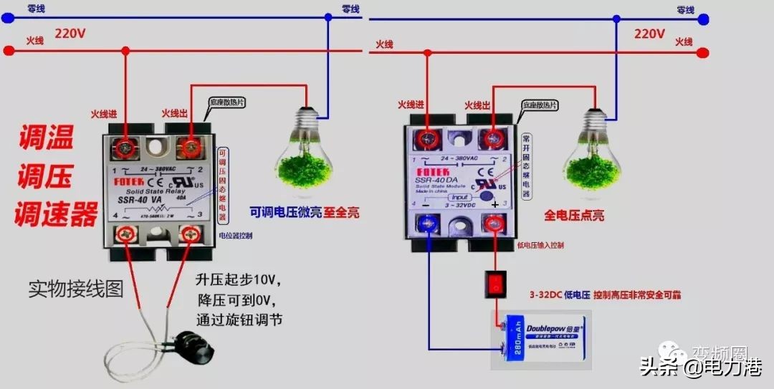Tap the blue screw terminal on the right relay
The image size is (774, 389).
pyautogui.click(x=429, y=224)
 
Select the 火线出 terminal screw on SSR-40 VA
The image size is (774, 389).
pyautogui.click(x=191, y=147)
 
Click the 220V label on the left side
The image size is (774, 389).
pyautogui.click(x=70, y=34)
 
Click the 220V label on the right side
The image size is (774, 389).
pyautogui.click(x=649, y=34)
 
